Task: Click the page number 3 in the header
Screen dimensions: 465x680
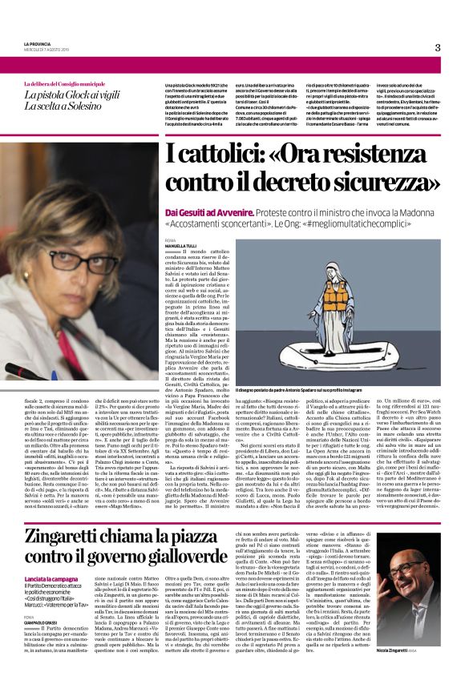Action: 438,47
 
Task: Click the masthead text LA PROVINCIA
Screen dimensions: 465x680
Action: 37,43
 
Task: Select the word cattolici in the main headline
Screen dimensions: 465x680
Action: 221,153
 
